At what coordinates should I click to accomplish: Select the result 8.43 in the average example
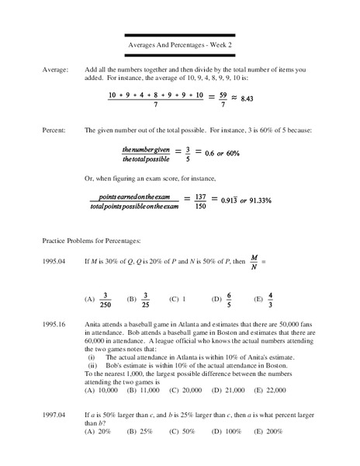click(247, 99)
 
